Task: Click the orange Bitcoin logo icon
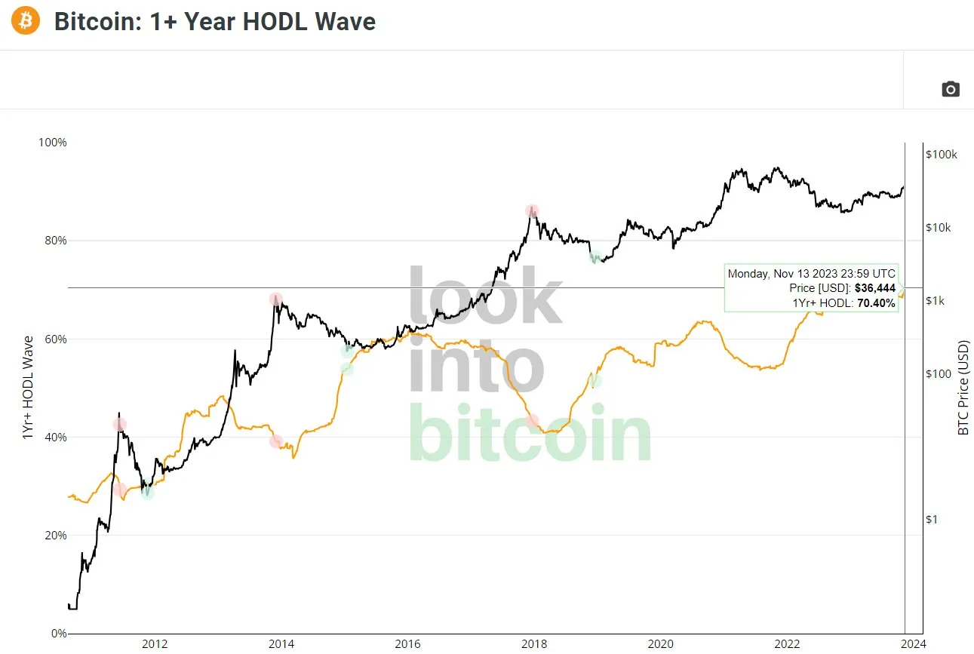tap(26, 21)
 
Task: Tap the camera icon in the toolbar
tap(951, 89)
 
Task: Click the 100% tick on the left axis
tap(53, 143)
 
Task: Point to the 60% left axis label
tap(55, 339)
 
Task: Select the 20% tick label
tap(55, 535)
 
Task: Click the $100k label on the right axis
tap(941, 154)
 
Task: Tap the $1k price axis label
tap(936, 301)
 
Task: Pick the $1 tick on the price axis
tap(933, 519)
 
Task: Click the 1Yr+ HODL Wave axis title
tap(29, 388)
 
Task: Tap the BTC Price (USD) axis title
tap(963, 388)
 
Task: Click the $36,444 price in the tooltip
tap(874, 289)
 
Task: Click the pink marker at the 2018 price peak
tap(533, 210)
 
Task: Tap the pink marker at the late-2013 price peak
tap(276, 299)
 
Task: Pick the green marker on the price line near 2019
tap(595, 257)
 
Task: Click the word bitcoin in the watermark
tap(530, 436)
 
